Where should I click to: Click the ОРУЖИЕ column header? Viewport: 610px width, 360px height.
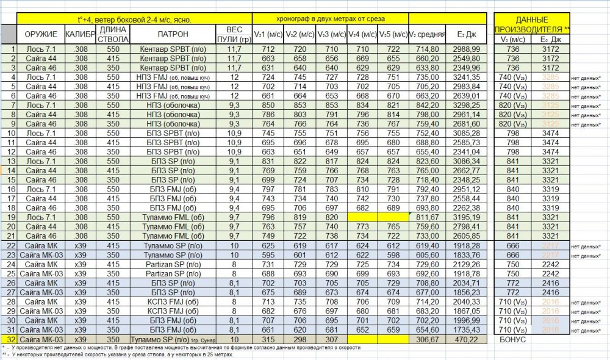coord(41,35)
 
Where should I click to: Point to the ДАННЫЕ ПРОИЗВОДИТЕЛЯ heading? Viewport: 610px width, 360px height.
coord(533,24)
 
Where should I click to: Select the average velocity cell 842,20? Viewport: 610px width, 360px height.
coord(428,104)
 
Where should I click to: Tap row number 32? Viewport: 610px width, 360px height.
coord(10,339)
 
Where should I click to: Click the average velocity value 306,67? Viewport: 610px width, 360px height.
coord(428,339)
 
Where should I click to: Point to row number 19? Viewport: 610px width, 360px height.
coord(10,217)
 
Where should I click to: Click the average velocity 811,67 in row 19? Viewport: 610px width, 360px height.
coord(428,217)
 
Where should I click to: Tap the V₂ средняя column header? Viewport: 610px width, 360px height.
coord(428,35)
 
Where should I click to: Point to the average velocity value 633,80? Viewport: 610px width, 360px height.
coord(428,67)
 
